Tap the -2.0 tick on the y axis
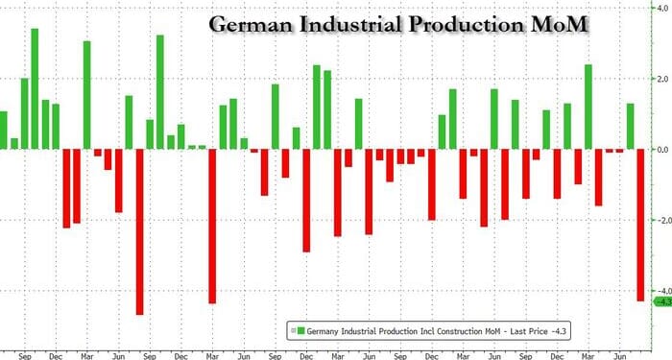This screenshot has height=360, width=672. coord(660,220)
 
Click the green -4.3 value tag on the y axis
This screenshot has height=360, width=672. coord(661,301)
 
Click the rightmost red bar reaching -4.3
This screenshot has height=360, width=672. coord(640,225)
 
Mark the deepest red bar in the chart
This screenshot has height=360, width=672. coord(139,231)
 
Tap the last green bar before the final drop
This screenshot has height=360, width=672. coord(631,126)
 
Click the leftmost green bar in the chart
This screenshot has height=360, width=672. coord(4,130)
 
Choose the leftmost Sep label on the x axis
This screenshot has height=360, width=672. coord(25,352)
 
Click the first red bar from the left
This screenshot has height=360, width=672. coord(66,188)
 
